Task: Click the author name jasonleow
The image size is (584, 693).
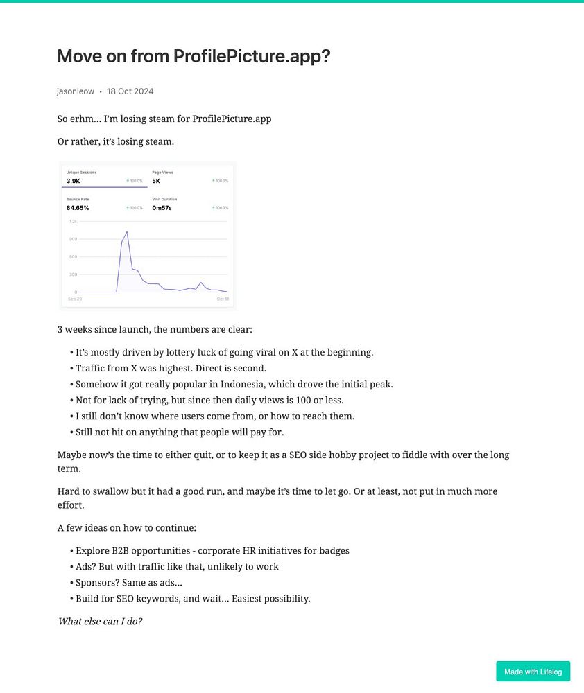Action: pos(76,91)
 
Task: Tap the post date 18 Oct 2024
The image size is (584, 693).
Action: pos(130,91)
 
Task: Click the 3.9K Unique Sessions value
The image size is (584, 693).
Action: pos(74,181)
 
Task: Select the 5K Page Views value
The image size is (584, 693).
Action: pos(156,181)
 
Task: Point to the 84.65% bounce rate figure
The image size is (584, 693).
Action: pos(78,208)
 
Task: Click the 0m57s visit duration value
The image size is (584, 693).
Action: pos(161,208)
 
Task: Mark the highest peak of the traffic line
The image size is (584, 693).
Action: pos(127,231)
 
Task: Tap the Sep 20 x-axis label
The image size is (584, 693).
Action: pos(74,299)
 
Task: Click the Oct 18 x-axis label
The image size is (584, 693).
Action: pos(222,299)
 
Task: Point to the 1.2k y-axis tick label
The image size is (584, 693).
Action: pos(73,221)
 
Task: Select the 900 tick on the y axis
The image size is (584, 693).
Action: pos(73,239)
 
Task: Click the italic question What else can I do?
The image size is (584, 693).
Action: pos(100,621)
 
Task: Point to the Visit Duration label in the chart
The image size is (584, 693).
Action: pos(164,199)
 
